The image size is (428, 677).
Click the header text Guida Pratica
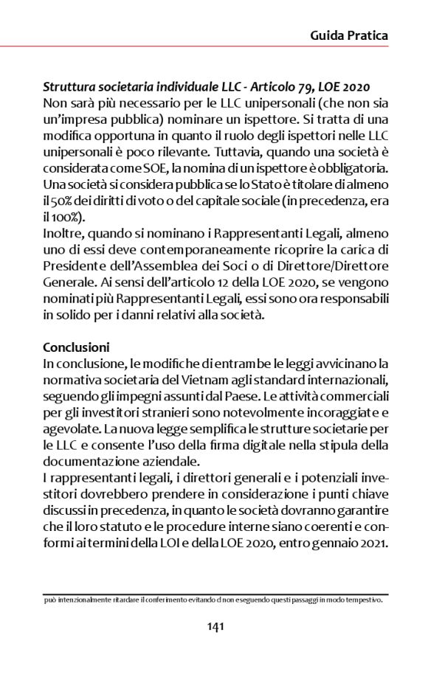coord(348,35)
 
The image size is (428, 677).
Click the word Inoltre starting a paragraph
coord(63,232)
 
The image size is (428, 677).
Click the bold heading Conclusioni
coord(76,346)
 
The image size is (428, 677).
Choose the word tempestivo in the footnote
coord(362,600)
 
